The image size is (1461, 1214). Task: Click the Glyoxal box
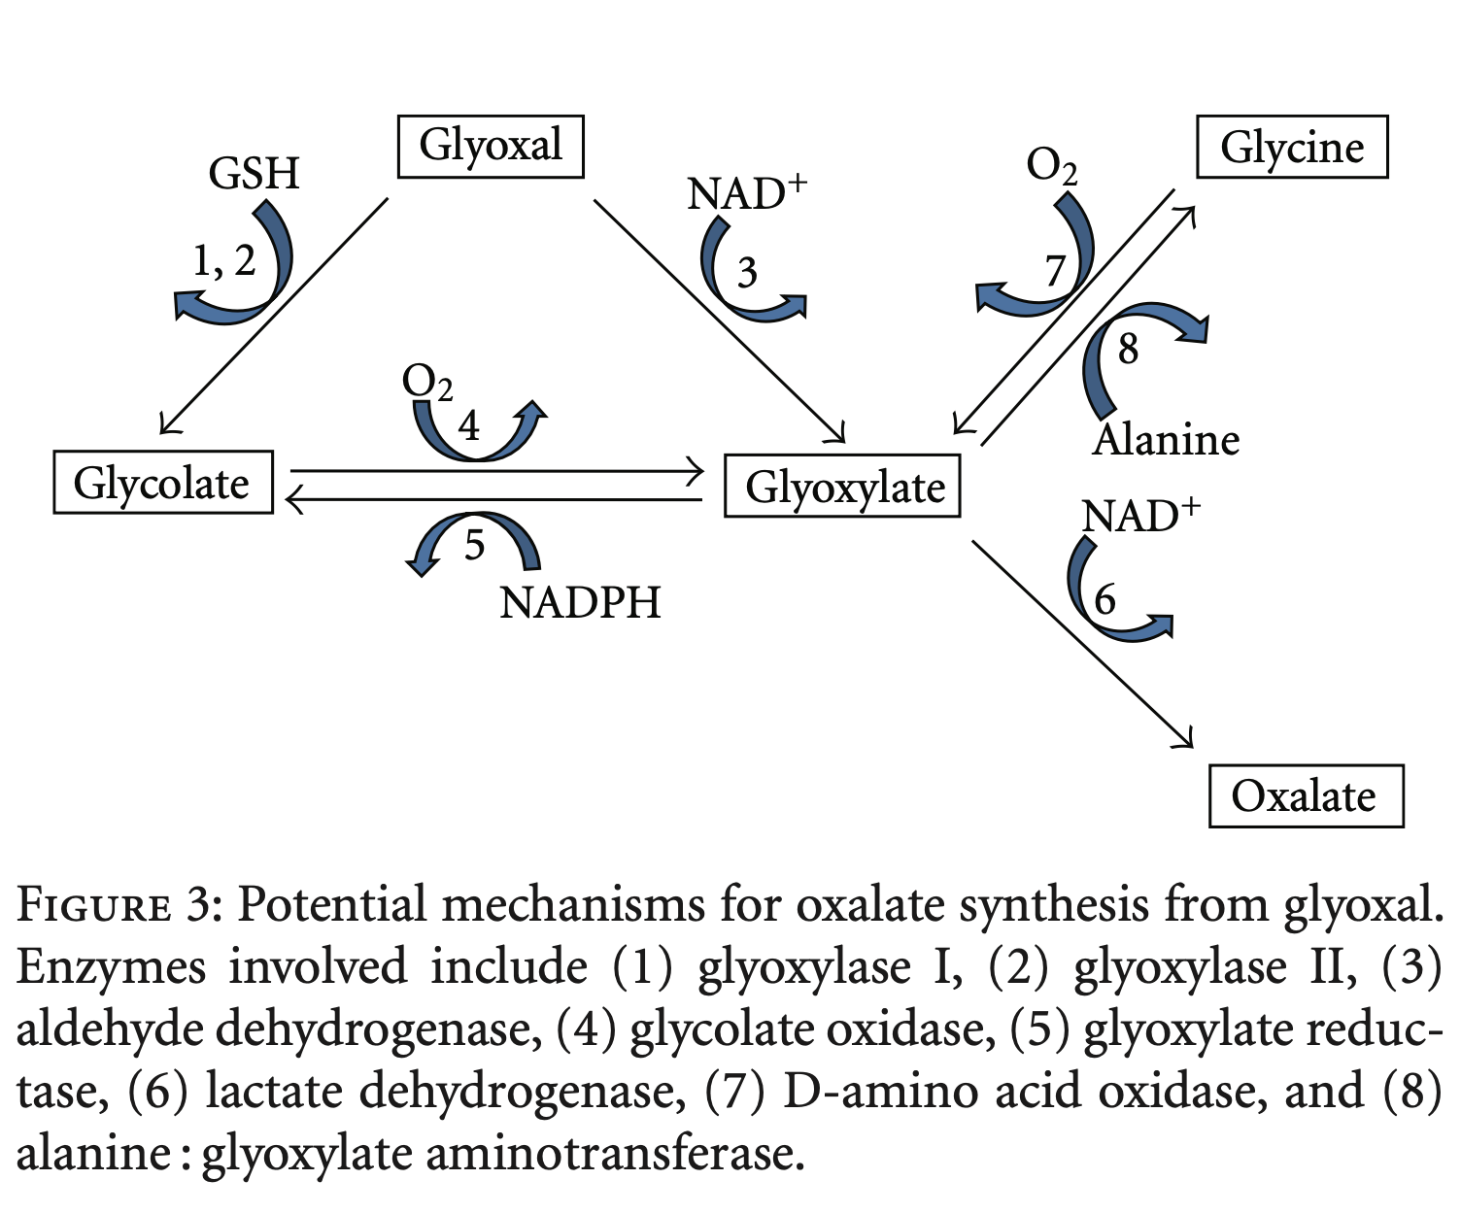point(491,147)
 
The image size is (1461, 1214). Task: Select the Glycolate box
point(162,483)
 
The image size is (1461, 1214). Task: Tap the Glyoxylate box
point(843,487)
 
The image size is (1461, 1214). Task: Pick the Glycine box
point(1291,148)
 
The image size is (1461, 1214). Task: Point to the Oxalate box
point(1305,796)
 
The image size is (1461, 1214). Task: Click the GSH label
point(255,174)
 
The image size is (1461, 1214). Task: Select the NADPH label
point(580,603)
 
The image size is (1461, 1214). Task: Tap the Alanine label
point(1166,440)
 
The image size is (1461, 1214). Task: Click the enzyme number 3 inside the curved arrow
point(746,273)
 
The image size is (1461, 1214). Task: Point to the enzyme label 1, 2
point(223,260)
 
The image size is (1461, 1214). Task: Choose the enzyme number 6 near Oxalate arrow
point(1104,599)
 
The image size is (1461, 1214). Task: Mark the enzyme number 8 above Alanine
point(1127,349)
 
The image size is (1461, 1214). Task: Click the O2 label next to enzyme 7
point(1052,166)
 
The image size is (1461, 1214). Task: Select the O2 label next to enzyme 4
point(427,383)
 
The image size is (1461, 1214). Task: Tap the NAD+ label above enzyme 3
point(747,193)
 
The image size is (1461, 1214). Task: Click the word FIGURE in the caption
point(93,906)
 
